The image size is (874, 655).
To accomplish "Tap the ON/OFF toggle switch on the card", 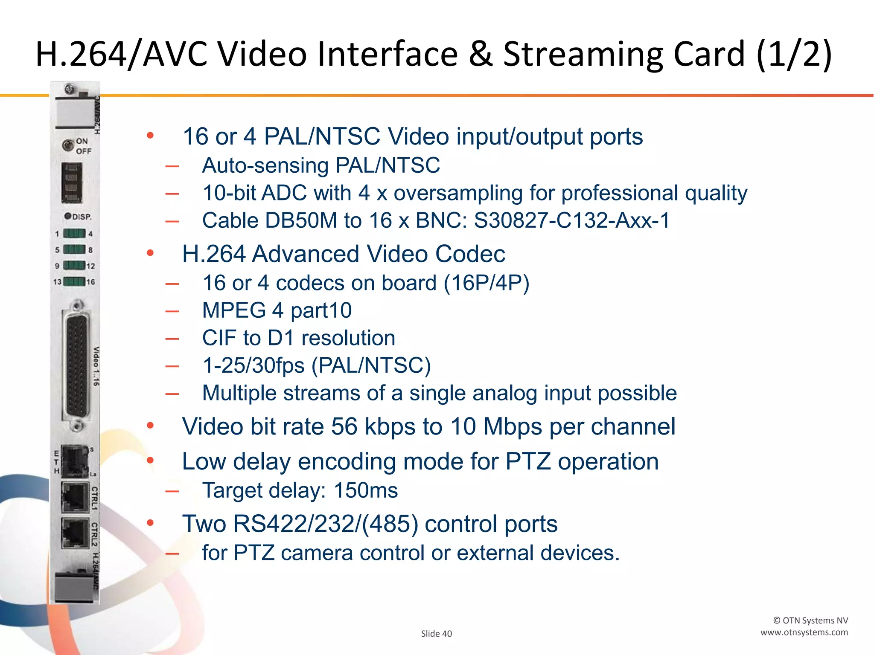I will pos(67,145).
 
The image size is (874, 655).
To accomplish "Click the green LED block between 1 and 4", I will pos(74,233).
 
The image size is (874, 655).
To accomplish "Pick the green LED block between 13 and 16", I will pos(74,281).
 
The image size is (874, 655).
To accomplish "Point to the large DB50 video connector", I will pos(77,366).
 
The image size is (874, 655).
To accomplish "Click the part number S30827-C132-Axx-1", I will pos(572,220).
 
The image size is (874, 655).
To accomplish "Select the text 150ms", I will pos(366,490).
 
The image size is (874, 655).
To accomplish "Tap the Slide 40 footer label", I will pos(436,634).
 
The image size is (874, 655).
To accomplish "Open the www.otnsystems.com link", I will pos(804,632).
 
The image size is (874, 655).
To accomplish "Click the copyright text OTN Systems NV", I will pos(810,620).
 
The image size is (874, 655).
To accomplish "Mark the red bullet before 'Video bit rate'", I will pos(150,426).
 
